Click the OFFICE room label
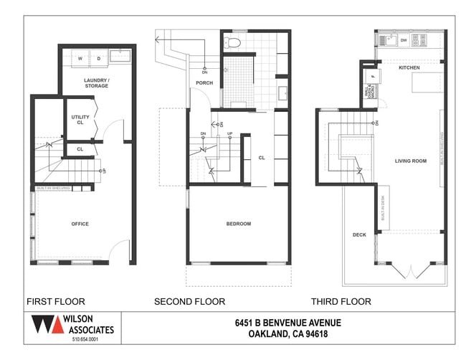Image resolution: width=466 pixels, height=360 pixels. [x=80, y=224]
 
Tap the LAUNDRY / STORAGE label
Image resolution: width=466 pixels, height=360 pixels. [x=96, y=82]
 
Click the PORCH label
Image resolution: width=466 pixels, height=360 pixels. [x=204, y=82]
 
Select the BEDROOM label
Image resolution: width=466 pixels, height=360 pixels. [x=239, y=224]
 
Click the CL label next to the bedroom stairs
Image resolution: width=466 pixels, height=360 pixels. [x=262, y=157]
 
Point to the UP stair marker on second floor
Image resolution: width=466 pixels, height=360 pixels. [x=229, y=134]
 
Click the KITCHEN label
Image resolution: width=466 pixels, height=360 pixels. [x=409, y=67]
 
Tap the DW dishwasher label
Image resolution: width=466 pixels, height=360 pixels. [x=404, y=40]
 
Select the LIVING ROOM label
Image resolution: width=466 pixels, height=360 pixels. [x=410, y=161]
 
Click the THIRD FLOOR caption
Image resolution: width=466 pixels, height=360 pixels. [x=341, y=301]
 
